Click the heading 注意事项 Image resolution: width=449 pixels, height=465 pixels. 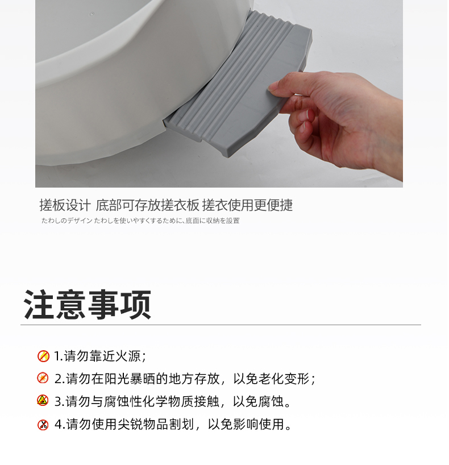[x=88, y=305]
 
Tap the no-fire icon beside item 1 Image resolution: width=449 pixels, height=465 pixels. [x=43, y=356]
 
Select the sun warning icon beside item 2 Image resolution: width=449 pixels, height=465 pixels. [x=43, y=378]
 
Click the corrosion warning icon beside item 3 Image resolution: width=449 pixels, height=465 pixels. [x=43, y=400]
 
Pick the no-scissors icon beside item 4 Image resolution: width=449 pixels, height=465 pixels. [x=43, y=425]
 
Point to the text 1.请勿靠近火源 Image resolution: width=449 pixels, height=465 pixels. [x=100, y=356]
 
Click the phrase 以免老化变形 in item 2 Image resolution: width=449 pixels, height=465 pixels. [x=274, y=379]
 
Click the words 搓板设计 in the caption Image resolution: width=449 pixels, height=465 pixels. [x=65, y=205]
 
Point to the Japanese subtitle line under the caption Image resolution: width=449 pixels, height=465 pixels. [x=140, y=221]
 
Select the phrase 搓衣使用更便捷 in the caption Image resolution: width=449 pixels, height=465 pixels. [x=247, y=205]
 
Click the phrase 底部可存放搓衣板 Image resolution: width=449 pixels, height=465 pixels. [x=147, y=205]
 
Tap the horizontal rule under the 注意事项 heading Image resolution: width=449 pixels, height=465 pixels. [x=221, y=325]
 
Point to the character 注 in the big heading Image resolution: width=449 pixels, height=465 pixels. [x=39, y=305]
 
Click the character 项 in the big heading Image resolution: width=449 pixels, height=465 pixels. [x=136, y=305]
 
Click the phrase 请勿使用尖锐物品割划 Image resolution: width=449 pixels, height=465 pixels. [x=130, y=425]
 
